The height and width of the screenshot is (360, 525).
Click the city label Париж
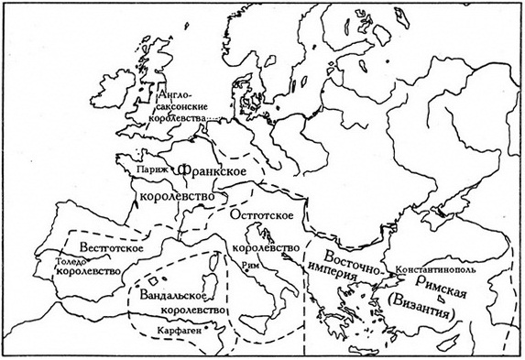click(145, 171)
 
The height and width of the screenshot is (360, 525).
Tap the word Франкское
click(213, 171)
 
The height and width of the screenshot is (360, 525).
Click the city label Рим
click(244, 264)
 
